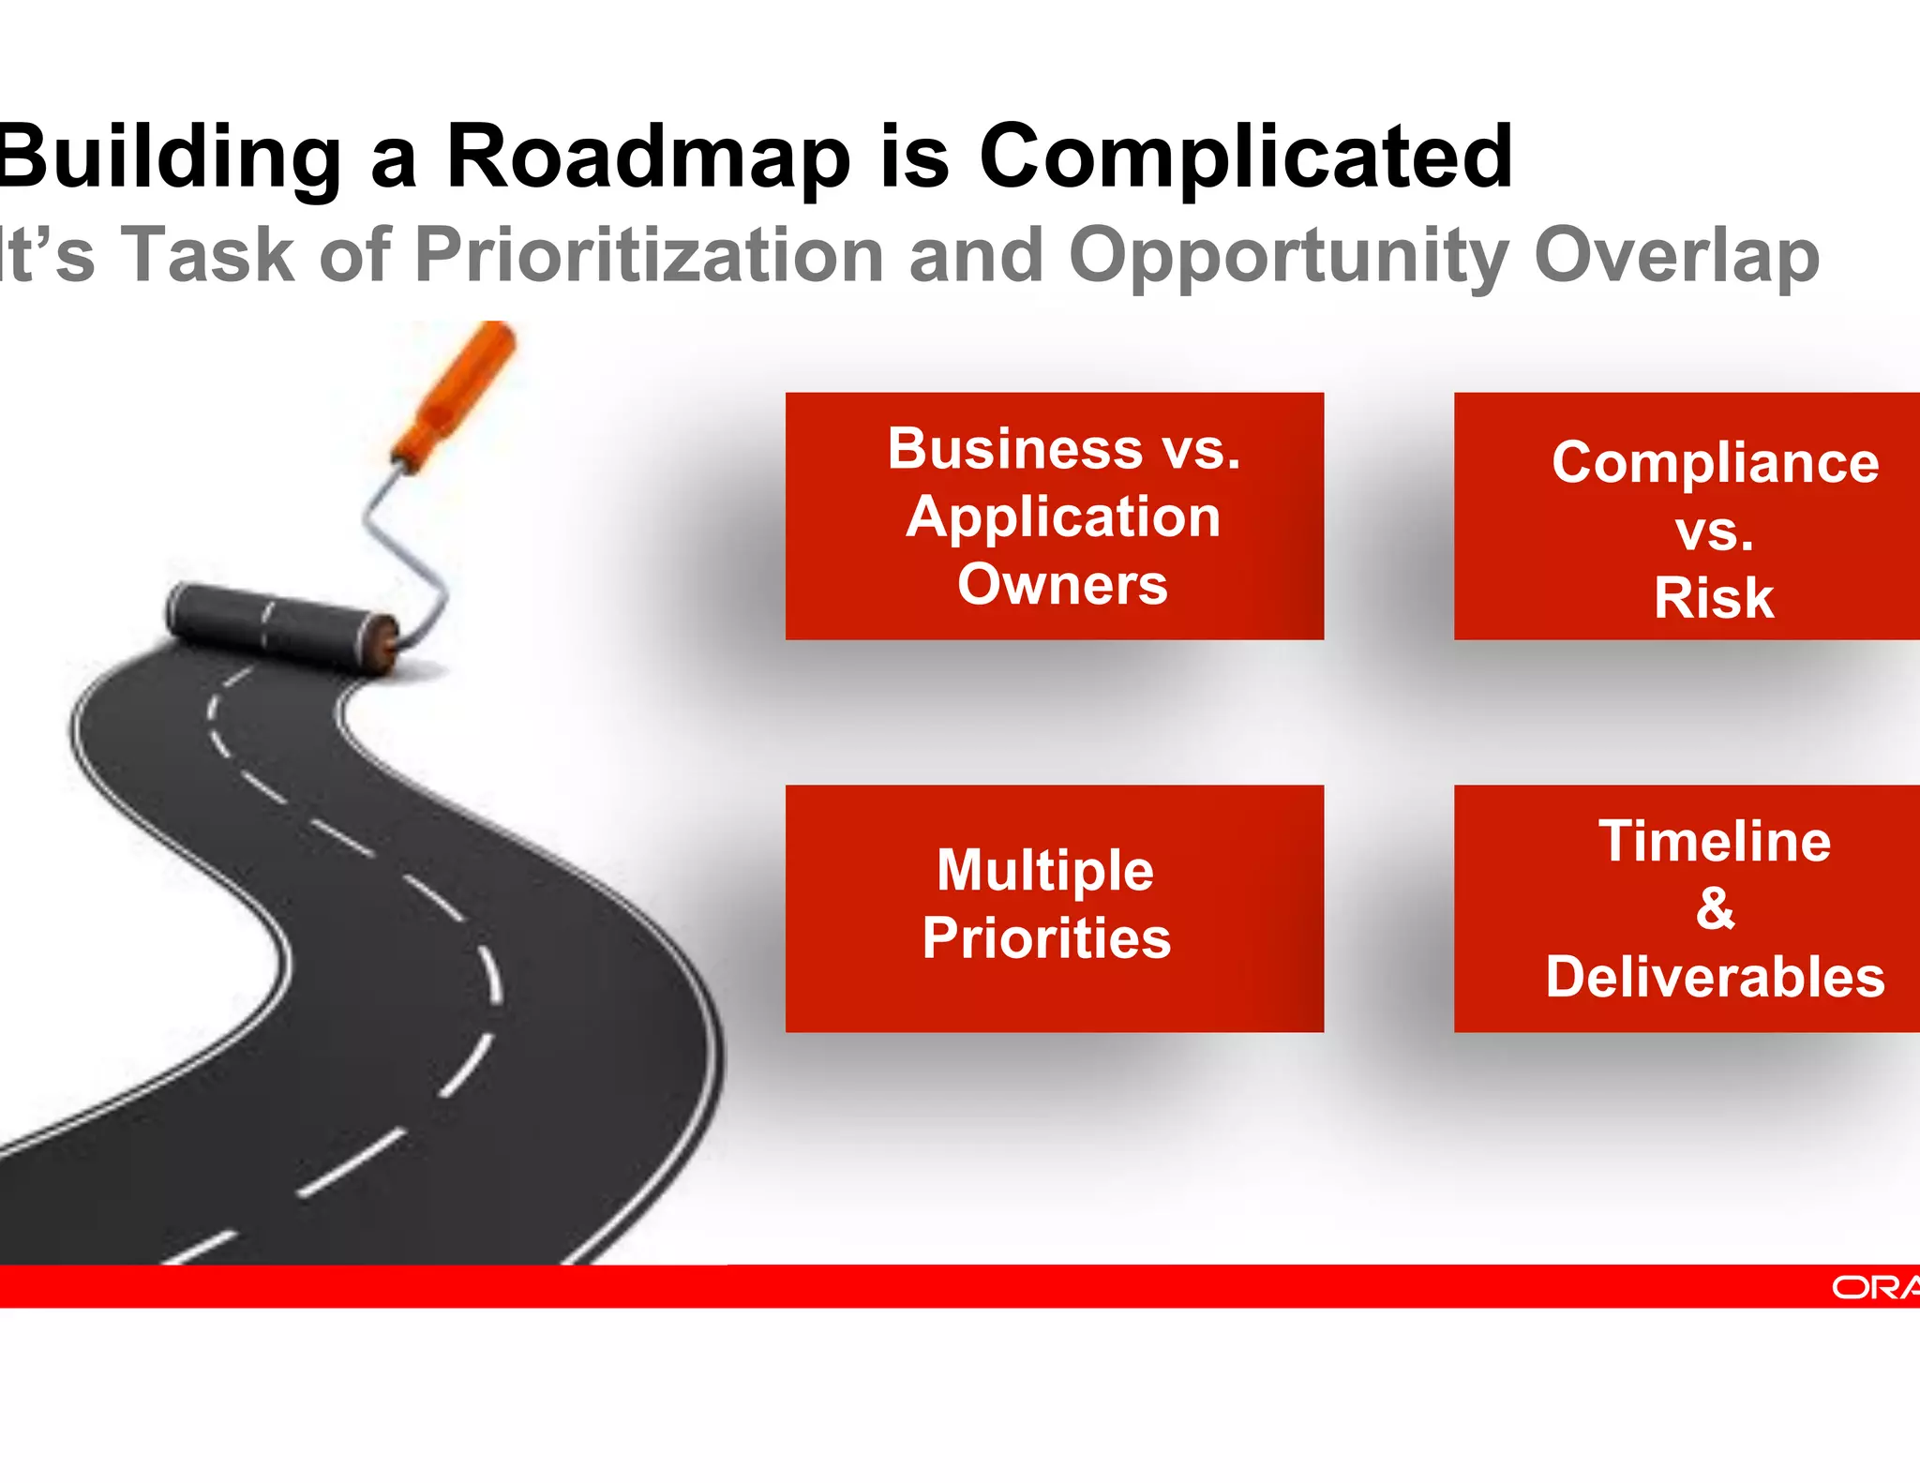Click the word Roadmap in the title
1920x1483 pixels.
click(x=647, y=157)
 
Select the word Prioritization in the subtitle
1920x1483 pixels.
click(x=649, y=255)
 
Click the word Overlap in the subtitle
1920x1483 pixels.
click(x=1676, y=255)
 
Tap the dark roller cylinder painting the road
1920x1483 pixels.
click(x=281, y=623)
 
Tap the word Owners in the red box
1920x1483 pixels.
click(x=1062, y=585)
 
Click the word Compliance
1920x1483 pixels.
click(x=1715, y=462)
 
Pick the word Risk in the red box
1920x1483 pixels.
click(x=1714, y=598)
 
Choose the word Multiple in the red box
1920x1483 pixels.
click(x=1044, y=870)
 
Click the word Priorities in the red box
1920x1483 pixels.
click(x=1046, y=938)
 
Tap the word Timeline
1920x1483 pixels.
click(x=1715, y=841)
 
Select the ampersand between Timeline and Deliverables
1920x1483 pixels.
click(x=1715, y=908)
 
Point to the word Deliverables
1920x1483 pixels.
click(x=1715, y=977)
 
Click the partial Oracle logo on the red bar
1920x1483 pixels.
click(x=1875, y=1287)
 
